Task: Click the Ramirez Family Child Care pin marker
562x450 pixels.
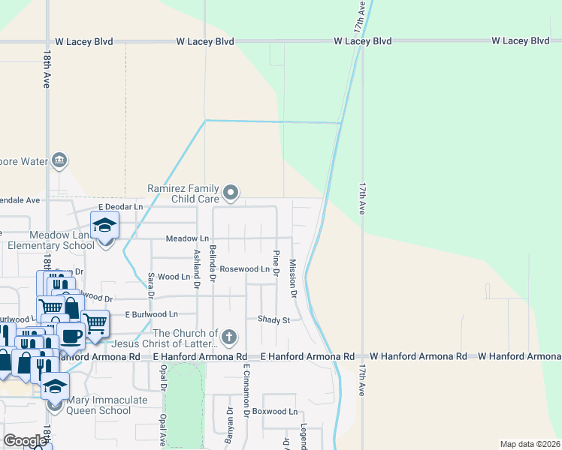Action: pos(231,193)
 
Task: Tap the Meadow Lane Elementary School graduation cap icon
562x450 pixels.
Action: pos(105,224)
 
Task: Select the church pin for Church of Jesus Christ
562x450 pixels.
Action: pos(229,337)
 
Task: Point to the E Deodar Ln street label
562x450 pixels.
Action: pos(120,206)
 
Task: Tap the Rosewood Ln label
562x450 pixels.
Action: pos(244,268)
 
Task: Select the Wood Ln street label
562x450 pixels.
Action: pos(174,277)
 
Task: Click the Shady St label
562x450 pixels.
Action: pos(273,319)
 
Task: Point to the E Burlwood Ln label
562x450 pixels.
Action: pos(151,314)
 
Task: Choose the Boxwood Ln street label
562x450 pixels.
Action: pos(275,412)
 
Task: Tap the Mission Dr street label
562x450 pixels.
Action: pos(293,276)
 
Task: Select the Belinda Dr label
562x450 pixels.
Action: pos(213,263)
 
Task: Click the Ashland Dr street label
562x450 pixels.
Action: pos(197,268)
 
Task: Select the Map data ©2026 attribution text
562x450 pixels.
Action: pos(529,444)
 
